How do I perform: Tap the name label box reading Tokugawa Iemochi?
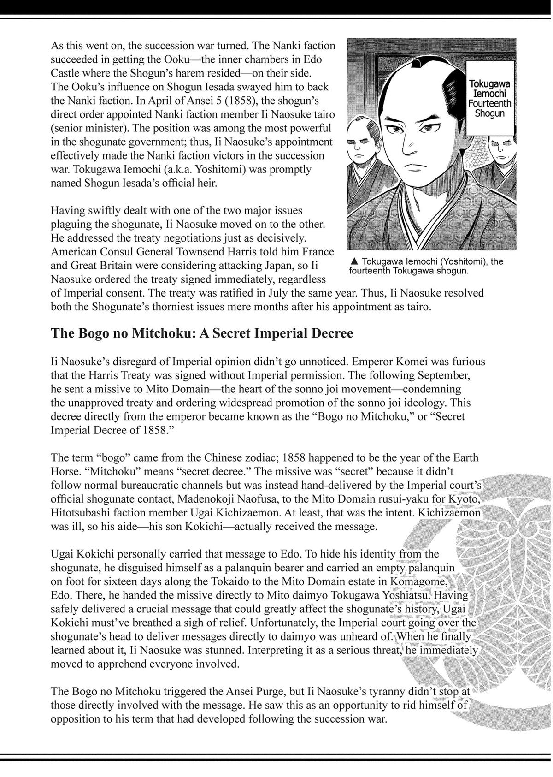pos(489,100)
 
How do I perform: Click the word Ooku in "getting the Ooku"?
pos(170,59)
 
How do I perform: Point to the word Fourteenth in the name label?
pos(489,104)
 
